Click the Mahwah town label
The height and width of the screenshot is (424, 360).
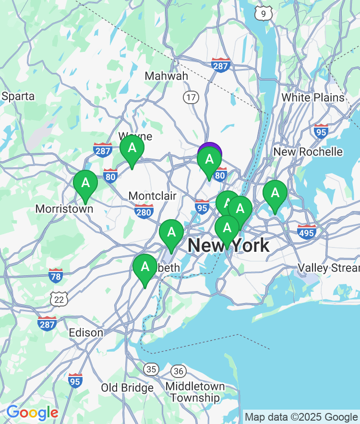167,76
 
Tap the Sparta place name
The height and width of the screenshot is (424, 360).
18,96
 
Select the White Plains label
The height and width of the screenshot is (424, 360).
312,97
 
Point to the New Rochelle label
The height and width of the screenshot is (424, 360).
308,152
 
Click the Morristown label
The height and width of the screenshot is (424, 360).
64,209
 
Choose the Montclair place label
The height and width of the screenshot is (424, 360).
152,196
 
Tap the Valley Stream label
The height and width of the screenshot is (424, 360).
328,267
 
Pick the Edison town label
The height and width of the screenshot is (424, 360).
86,332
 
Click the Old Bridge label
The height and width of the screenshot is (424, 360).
127,388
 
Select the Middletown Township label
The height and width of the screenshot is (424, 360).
195,392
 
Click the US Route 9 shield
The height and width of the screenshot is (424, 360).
263,13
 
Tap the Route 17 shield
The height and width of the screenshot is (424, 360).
191,97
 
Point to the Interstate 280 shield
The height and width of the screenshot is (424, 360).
144,211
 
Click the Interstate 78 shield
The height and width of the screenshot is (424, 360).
56,275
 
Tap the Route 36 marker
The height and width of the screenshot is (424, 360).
179,371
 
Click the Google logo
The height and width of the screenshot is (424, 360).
32,412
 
